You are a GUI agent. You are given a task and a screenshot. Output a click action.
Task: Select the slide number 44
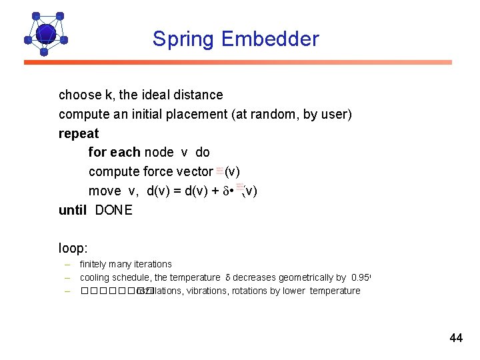coord(456,338)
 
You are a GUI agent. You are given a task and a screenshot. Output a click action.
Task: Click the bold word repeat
coord(79,133)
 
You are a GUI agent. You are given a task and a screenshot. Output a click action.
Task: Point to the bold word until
coord(73,210)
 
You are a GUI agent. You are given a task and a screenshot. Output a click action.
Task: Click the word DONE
coord(114,210)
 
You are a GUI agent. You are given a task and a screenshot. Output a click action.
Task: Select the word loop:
coord(73,249)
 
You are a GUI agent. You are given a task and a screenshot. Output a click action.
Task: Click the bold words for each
coord(114,152)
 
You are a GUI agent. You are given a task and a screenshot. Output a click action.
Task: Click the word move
coord(105,191)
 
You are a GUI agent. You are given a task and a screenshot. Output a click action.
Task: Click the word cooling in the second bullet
coord(95,277)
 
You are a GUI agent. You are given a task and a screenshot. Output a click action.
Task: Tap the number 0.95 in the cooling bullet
coord(359,277)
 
